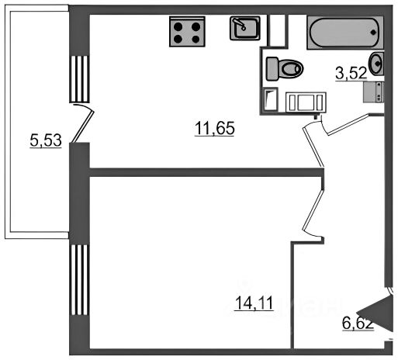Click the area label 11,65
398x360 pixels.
[x=215, y=128]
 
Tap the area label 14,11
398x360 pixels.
[x=254, y=303]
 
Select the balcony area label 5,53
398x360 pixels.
[x=46, y=140]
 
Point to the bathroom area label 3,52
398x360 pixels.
[x=351, y=74]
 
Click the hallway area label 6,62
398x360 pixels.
[x=358, y=324]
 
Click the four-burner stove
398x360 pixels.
[x=187, y=32]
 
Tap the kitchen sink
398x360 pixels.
[x=245, y=28]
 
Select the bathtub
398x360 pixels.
[x=345, y=33]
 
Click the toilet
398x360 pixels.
[x=285, y=69]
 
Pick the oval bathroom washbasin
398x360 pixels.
[x=376, y=64]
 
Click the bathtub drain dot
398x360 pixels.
[x=373, y=33]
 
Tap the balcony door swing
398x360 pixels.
[x=82, y=123]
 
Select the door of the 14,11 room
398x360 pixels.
[x=313, y=210]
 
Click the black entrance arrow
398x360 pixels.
[x=375, y=313]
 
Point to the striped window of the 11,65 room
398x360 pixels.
[x=79, y=79]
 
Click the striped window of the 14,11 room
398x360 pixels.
[x=79, y=280]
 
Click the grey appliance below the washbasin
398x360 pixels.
[x=373, y=92]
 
